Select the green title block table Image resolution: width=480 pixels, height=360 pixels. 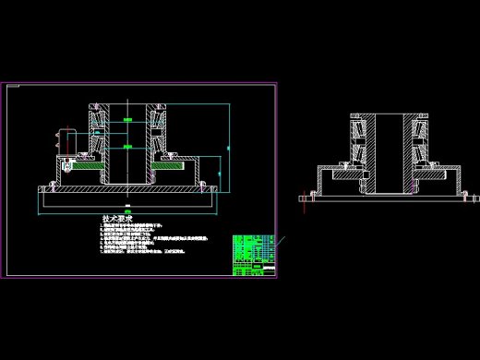tap(254, 255)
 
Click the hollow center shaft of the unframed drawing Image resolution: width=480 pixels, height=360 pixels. tap(387, 152)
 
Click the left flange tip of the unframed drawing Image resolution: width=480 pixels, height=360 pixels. tap(306, 196)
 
